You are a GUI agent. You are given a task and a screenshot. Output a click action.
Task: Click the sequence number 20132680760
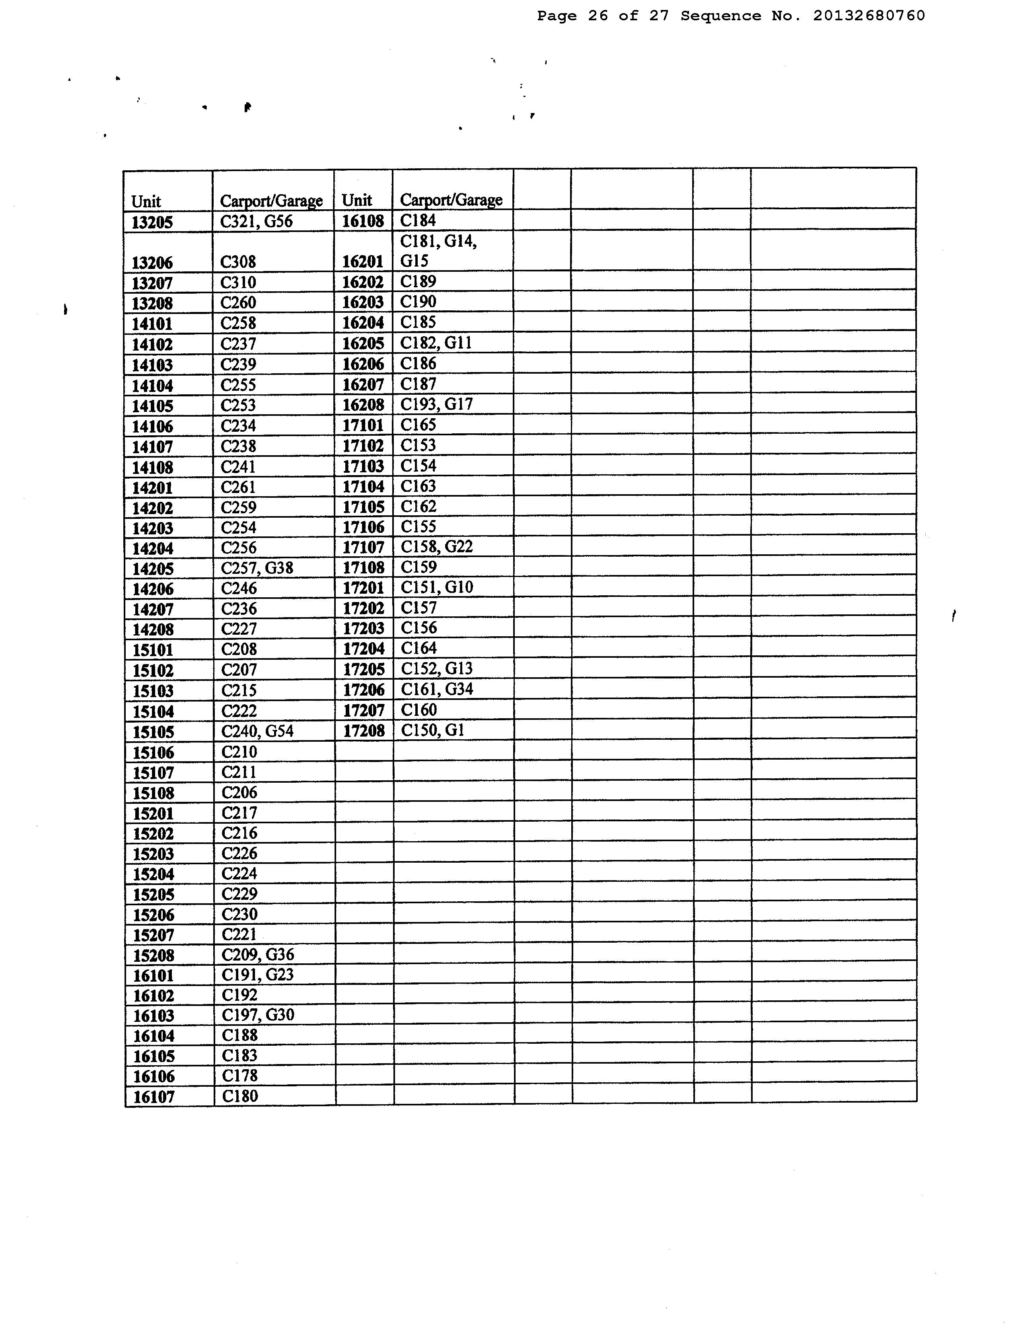click(x=869, y=16)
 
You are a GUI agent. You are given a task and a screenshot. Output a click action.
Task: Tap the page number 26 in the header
click(x=598, y=16)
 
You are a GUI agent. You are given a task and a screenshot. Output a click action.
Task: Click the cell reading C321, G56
click(x=256, y=221)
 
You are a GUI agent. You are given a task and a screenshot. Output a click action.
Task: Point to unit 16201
click(x=362, y=262)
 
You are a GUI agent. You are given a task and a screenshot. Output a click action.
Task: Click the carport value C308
click(x=238, y=262)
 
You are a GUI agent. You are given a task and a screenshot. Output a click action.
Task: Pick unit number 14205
click(x=153, y=569)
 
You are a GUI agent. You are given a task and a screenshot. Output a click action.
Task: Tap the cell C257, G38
click(x=257, y=568)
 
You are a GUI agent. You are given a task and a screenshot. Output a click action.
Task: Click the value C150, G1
click(x=433, y=730)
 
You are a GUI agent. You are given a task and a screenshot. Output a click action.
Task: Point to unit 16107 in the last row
click(x=153, y=1097)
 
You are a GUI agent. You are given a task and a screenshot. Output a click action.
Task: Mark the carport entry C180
click(x=240, y=1096)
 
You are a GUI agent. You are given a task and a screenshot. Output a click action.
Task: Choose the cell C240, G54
click(x=257, y=731)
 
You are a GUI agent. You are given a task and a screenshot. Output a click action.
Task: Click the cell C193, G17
click(x=436, y=404)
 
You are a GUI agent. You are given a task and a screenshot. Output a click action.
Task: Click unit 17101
click(x=363, y=425)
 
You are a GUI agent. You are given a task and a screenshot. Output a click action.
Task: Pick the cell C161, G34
click(x=437, y=689)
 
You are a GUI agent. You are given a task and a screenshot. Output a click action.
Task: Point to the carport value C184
click(x=418, y=220)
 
